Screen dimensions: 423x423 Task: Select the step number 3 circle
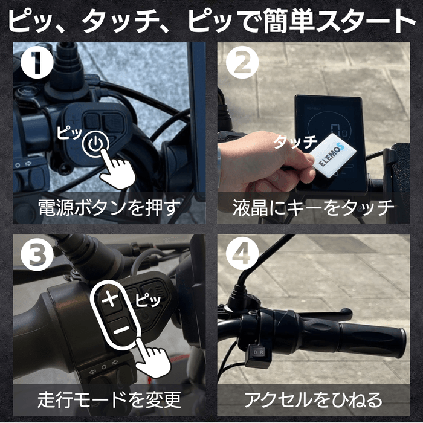tap(35, 257)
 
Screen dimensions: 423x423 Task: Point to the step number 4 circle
tap(241, 257)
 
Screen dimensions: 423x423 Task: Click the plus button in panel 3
tap(110, 299)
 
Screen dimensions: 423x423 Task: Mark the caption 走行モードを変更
tap(109, 399)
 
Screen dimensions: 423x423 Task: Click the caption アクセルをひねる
tap(313, 399)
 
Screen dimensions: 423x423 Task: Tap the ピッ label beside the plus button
tap(148, 299)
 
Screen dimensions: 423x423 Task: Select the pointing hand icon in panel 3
tap(150, 359)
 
